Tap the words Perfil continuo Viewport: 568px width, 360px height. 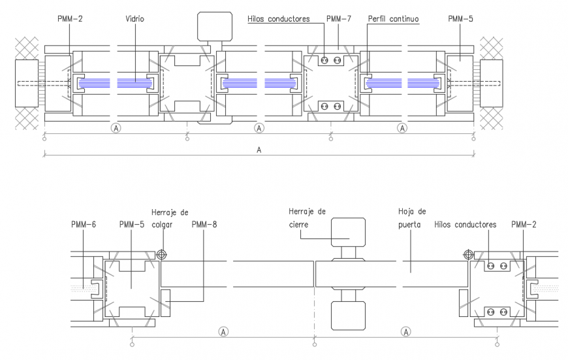pyautogui.click(x=392, y=20)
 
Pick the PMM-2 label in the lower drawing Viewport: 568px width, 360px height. pyautogui.click(x=524, y=225)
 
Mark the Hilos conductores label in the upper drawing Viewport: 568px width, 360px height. pyautogui.click(x=278, y=20)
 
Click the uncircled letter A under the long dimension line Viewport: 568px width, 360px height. pyautogui.click(x=259, y=150)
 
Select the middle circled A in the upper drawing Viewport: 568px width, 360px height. pyautogui.click(x=259, y=128)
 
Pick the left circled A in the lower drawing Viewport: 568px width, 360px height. pyautogui.click(x=223, y=331)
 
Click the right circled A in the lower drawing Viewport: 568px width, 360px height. pyautogui.click(x=406, y=331)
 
